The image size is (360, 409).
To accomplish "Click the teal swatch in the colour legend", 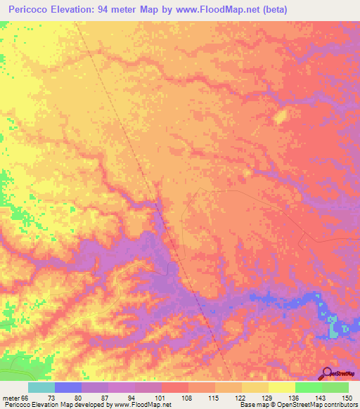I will [x=41, y=387].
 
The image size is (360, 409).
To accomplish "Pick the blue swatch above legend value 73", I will [x=68, y=387].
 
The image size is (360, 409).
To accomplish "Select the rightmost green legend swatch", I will [x=335, y=387].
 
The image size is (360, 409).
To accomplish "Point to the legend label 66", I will [x=27, y=397].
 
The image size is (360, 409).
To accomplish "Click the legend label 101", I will [x=161, y=397].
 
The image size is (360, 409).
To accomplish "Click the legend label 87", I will [x=108, y=397].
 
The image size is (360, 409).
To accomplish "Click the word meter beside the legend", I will [x=11, y=397].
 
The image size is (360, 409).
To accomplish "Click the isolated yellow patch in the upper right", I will [x=280, y=117].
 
